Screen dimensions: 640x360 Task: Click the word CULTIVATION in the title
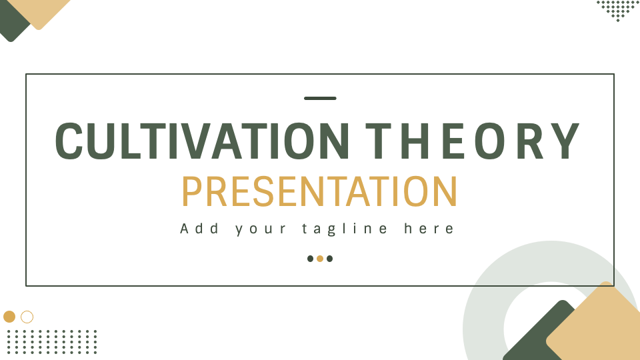(x=202, y=141)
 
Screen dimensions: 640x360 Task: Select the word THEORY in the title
(x=472, y=141)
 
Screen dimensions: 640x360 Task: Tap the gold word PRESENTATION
(x=319, y=191)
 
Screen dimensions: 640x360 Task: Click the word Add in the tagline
(x=199, y=228)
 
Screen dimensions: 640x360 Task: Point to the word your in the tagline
(x=261, y=229)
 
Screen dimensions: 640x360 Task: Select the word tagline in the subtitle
(x=345, y=229)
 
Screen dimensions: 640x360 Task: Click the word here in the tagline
(x=429, y=228)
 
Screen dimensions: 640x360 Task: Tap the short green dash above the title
(x=320, y=99)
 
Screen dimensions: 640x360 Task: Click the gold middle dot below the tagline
(x=320, y=259)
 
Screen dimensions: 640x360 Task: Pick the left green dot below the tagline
(x=310, y=259)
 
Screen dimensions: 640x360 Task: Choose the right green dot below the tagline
(x=330, y=259)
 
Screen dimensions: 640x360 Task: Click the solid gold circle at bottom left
(x=9, y=316)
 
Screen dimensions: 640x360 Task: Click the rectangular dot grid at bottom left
(x=52, y=341)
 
